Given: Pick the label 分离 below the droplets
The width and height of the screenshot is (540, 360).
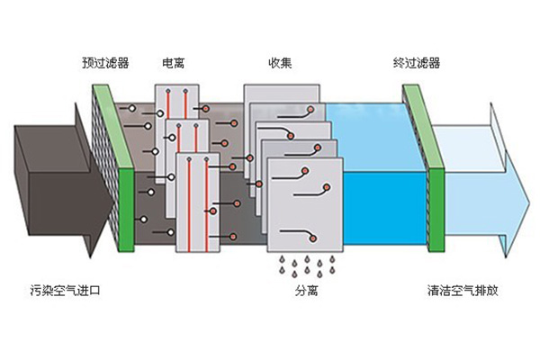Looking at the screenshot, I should point(306,292).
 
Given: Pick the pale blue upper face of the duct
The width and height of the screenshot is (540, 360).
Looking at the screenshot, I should point(369,121).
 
